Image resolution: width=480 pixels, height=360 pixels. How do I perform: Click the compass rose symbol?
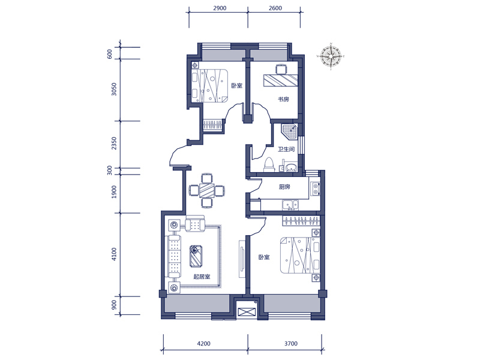(331, 56)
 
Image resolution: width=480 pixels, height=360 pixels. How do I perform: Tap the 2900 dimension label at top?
(220, 8)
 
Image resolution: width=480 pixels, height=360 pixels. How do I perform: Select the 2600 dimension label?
(275, 8)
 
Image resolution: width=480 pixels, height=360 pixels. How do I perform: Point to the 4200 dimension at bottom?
(203, 343)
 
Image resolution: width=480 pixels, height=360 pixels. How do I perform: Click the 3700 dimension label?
(291, 343)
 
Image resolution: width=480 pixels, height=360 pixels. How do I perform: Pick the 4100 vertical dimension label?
(114, 254)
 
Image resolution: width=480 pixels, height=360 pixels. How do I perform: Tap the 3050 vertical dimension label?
(114, 89)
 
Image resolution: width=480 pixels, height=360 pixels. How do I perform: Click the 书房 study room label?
(283, 99)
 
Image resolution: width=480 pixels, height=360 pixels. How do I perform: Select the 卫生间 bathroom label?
(286, 149)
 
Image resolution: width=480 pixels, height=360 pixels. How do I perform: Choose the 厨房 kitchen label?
(284, 187)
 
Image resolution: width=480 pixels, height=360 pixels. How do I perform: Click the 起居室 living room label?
(202, 277)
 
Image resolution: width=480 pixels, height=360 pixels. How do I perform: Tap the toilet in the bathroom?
(269, 164)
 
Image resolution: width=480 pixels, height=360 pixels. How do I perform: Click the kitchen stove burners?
(315, 188)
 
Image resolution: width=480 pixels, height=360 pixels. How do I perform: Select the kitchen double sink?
(290, 205)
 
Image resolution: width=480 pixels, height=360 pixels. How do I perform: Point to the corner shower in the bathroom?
(289, 130)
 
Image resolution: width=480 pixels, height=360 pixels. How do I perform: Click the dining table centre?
(207, 190)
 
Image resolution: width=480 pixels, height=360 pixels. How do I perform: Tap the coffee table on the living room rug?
(196, 256)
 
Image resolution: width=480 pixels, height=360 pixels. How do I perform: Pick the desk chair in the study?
(281, 69)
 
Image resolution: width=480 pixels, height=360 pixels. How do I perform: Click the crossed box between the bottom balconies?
(247, 312)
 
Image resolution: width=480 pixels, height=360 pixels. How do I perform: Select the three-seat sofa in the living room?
(174, 257)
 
